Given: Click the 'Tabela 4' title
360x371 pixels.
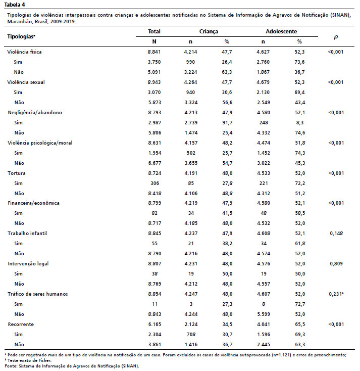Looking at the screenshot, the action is click(x=15, y=5).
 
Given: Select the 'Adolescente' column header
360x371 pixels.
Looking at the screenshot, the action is click(x=281, y=31).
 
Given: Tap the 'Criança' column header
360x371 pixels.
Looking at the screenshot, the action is click(x=209, y=31).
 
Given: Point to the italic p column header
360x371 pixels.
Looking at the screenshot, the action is click(x=336, y=37).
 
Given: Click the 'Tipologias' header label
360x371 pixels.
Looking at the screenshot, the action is click(x=21, y=36).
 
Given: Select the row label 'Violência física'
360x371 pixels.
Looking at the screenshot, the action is click(x=24, y=52).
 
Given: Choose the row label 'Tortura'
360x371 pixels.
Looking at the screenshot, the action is click(x=17, y=173).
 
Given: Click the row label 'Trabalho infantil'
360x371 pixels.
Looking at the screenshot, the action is click(x=27, y=234).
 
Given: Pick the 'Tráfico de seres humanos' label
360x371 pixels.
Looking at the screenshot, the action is click(x=38, y=294).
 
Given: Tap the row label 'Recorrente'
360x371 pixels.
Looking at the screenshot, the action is click(x=21, y=324).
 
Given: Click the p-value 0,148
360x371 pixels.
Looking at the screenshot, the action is click(x=336, y=234).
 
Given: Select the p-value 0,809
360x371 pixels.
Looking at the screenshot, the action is click(x=336, y=263).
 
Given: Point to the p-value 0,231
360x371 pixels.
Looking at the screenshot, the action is click(x=335, y=294).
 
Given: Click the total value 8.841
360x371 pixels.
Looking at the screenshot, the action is click(x=154, y=52).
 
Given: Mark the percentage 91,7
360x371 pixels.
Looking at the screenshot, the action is click(x=227, y=122).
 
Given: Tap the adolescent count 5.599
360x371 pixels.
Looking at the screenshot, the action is click(x=264, y=314).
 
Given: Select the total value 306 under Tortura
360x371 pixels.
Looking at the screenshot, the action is click(x=155, y=183).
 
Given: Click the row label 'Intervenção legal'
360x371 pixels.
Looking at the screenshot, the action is click(x=28, y=263).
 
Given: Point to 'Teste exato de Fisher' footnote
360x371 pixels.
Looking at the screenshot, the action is click(x=29, y=360).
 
